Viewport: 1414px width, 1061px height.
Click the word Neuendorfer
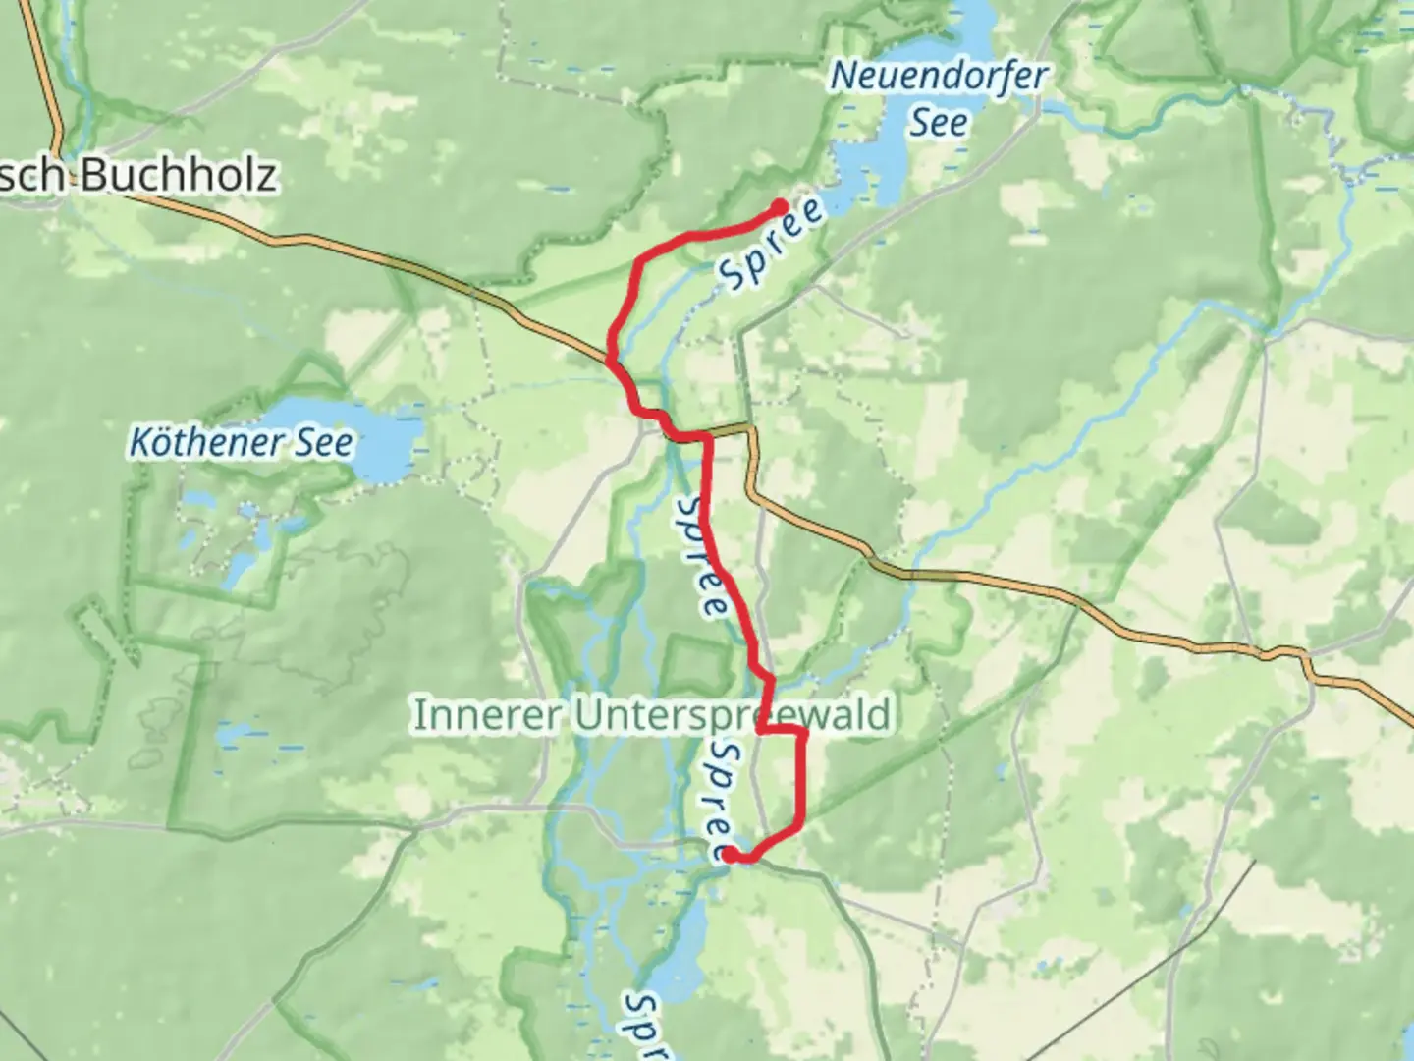pyautogui.click(x=939, y=77)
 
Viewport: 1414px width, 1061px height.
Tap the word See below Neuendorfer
pyautogui.click(x=938, y=123)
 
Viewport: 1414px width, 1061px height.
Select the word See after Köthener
pyautogui.click(x=328, y=443)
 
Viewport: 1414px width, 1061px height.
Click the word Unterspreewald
pyautogui.click(x=733, y=715)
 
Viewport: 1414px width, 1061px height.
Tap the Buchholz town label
pyautogui.click(x=177, y=175)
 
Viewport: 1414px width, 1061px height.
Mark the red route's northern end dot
pyautogui.click(x=780, y=207)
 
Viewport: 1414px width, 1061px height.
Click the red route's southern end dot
pyautogui.click(x=731, y=856)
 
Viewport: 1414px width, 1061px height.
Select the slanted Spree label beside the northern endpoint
pyautogui.click(x=772, y=245)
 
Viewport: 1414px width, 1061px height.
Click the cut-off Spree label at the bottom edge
pyautogui.click(x=644, y=1027)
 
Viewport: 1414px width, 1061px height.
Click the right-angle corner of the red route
pyautogui.click(x=804, y=732)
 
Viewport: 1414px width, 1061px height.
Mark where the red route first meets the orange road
pyautogui.click(x=611, y=362)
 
